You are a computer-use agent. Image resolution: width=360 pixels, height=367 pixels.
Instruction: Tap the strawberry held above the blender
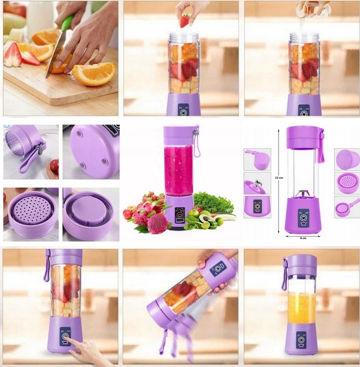[x=185, y=21]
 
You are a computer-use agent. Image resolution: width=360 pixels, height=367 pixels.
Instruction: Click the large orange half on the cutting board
[x=94, y=74]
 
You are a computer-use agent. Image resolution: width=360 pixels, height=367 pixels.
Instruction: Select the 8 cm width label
[x=302, y=238]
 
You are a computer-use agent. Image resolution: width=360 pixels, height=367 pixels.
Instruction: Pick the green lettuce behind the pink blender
[x=212, y=203]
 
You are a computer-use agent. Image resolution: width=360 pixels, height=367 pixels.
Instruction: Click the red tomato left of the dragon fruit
[x=128, y=214]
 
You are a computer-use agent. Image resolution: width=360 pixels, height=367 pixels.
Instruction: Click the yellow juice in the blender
[x=301, y=308]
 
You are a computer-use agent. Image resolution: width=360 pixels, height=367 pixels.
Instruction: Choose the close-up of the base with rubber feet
[x=91, y=152]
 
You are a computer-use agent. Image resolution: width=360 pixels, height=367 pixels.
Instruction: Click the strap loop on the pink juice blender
[x=197, y=142]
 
